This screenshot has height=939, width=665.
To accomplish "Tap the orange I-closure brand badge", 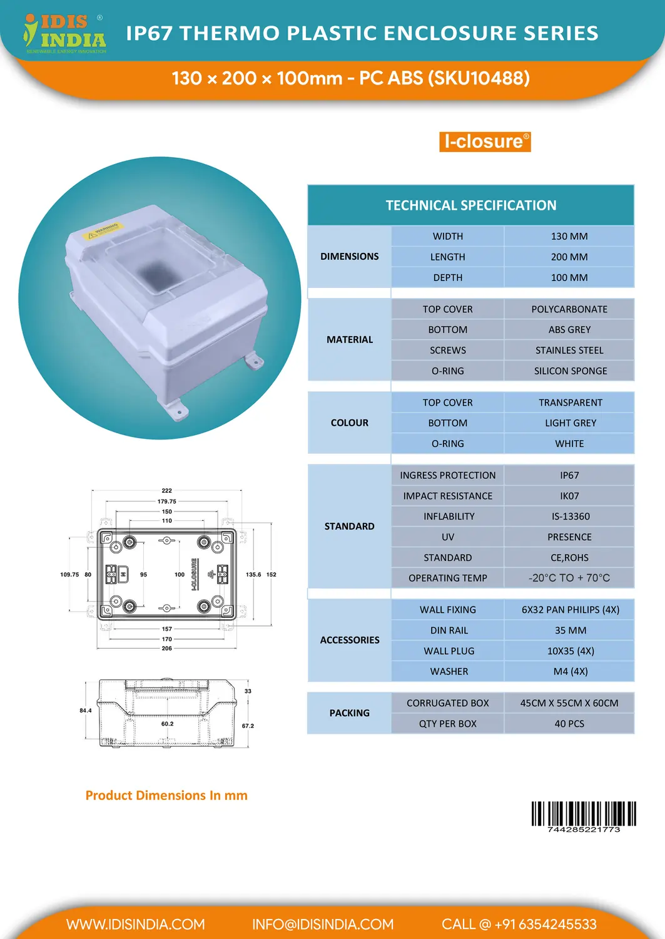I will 485,141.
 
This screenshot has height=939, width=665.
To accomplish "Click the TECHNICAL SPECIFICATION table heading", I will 470,205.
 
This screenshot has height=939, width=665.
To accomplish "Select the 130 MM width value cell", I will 569,236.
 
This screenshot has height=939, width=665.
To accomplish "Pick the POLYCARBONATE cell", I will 569,309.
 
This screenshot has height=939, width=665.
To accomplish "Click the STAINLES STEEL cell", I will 569,351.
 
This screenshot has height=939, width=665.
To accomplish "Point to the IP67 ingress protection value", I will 569,475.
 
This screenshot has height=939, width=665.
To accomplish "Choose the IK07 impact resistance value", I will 569,496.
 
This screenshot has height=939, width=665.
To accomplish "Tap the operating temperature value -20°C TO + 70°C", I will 569,578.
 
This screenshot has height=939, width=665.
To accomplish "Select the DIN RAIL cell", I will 449,630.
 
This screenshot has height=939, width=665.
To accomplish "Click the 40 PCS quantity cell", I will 569,724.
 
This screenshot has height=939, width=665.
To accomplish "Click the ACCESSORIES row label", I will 349,640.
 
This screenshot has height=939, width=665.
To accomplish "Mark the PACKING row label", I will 349,713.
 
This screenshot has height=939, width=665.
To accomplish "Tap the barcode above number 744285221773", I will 583,813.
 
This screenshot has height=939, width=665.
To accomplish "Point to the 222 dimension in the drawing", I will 166,491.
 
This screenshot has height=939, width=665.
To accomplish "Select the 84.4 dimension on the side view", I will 86,711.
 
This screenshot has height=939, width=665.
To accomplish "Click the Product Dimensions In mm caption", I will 166,796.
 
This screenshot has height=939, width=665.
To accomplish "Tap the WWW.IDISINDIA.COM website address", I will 136,925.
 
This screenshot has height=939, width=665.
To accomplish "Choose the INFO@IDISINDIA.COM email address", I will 323,925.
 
